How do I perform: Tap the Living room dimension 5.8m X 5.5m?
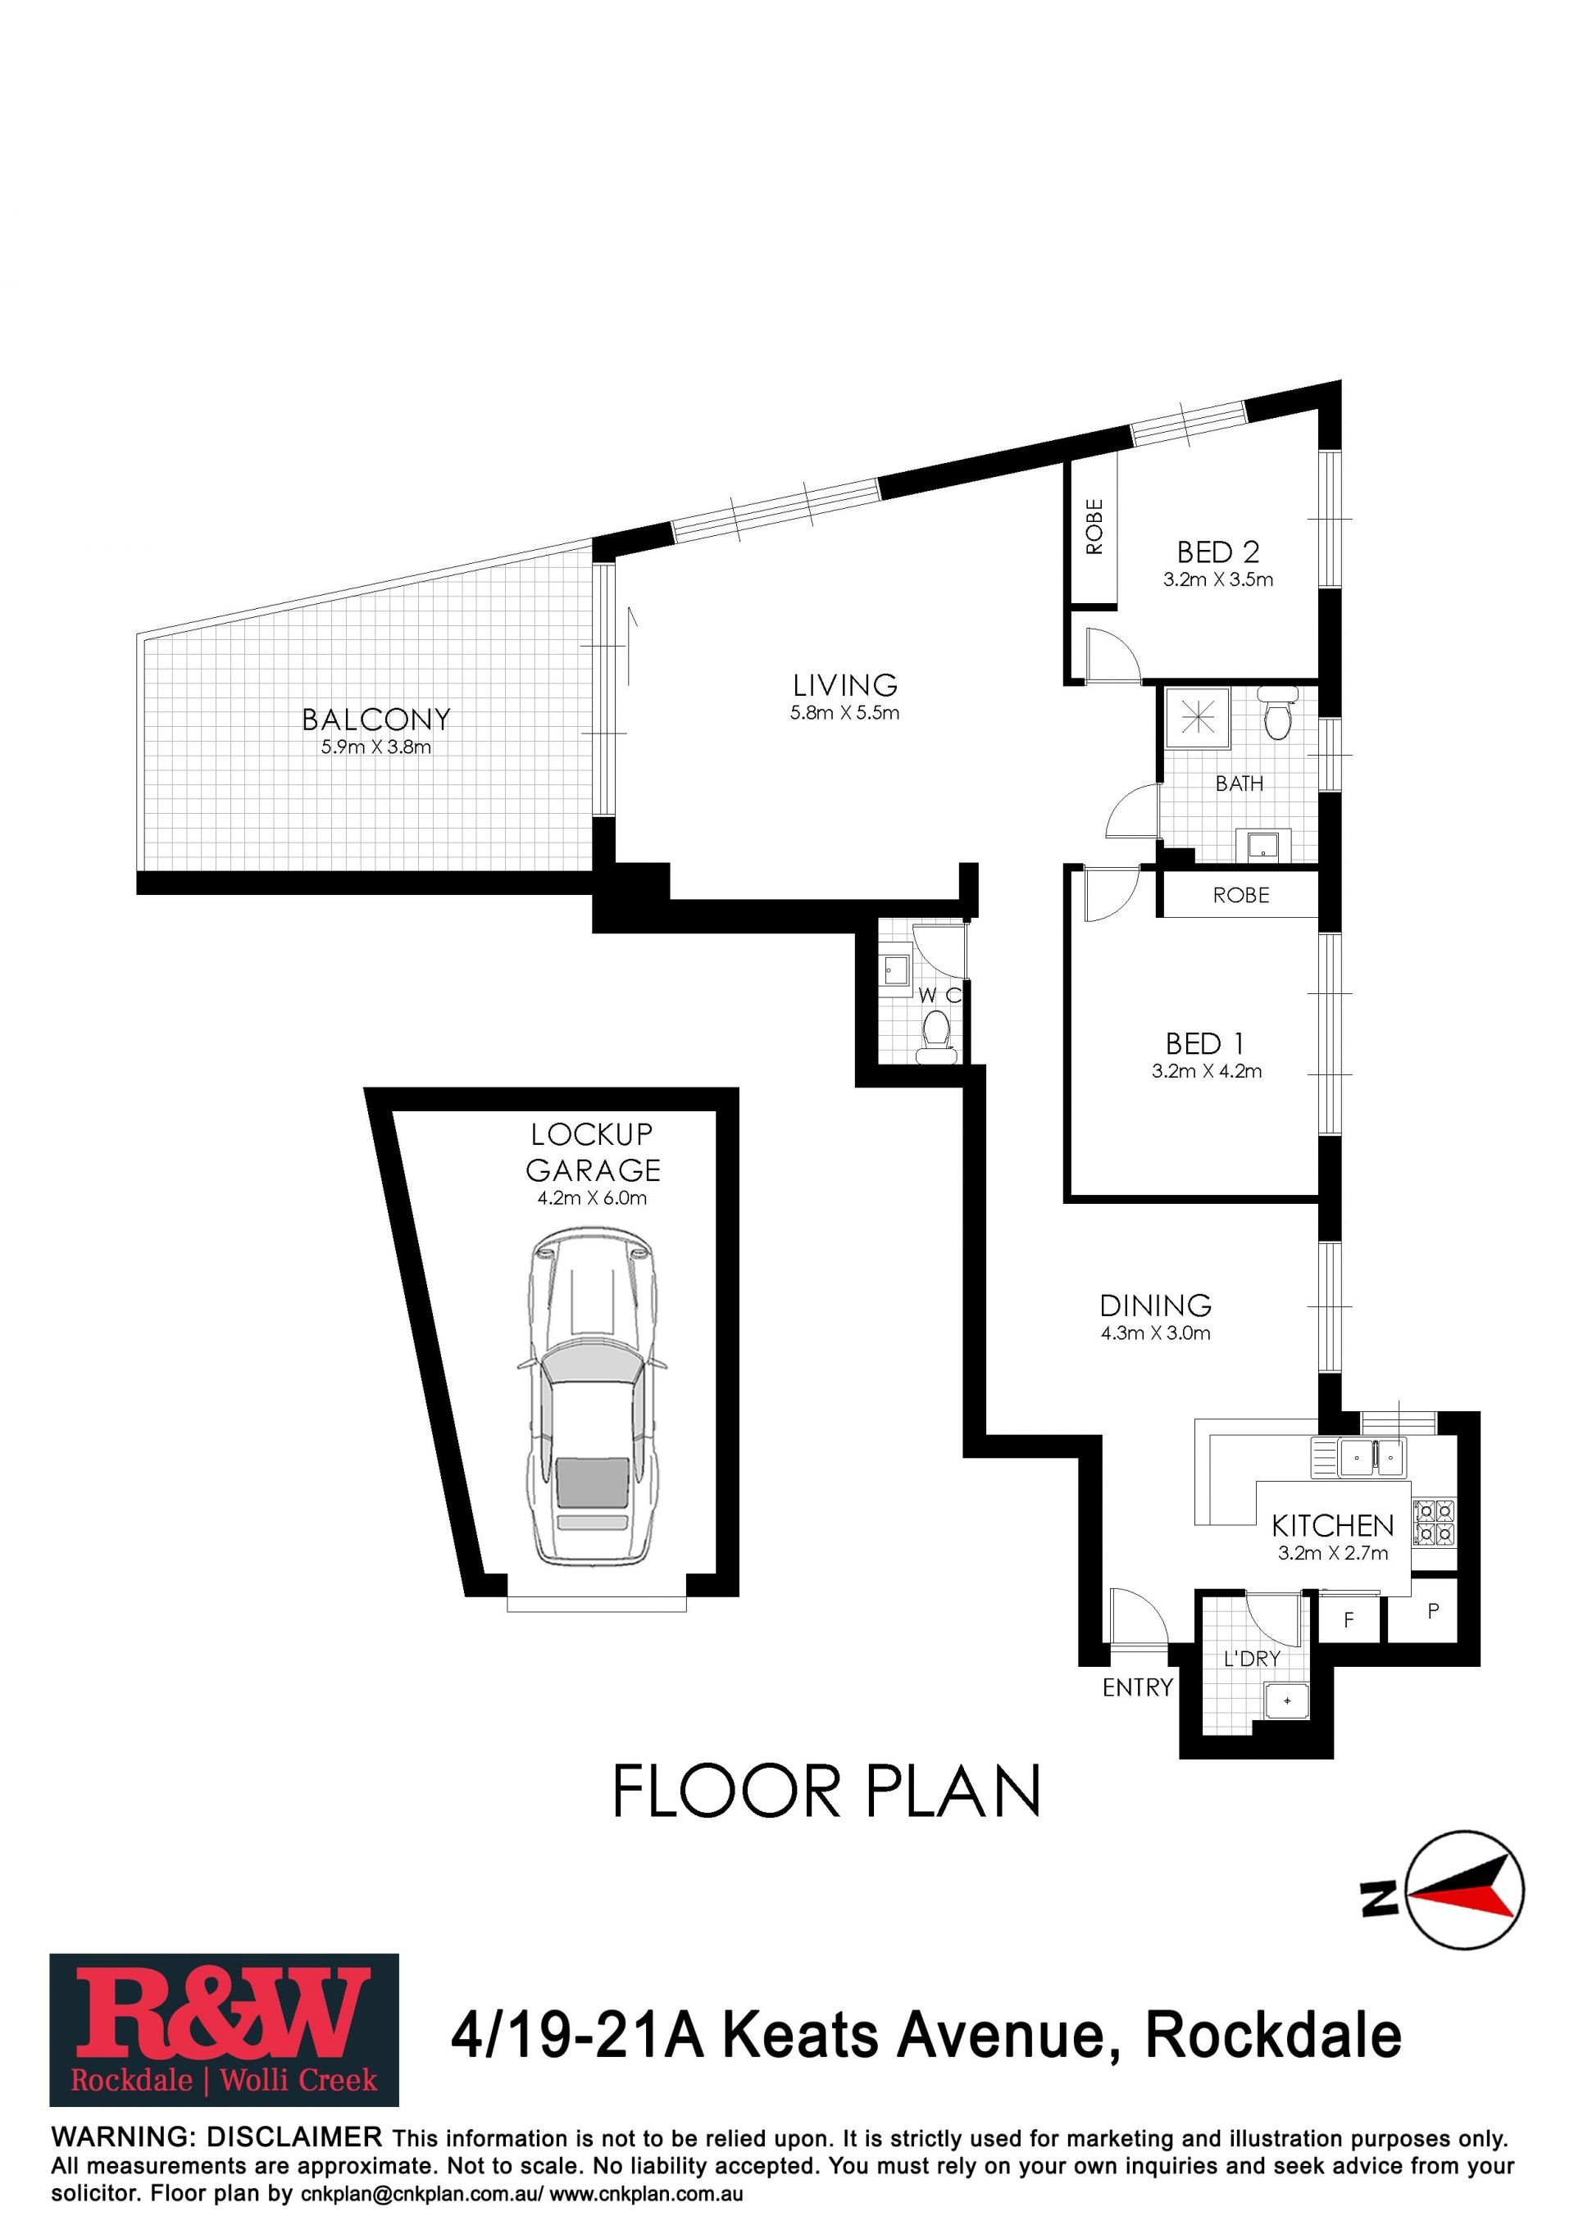(844, 713)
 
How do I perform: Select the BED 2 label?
(1217, 552)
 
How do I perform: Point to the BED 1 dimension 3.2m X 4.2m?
(1207, 1071)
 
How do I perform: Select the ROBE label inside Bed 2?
(1094, 526)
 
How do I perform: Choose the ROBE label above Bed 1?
(1240, 896)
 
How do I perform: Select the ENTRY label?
(1138, 1688)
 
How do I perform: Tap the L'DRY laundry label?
(1252, 1659)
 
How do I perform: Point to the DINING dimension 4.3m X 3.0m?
(1155, 1333)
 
